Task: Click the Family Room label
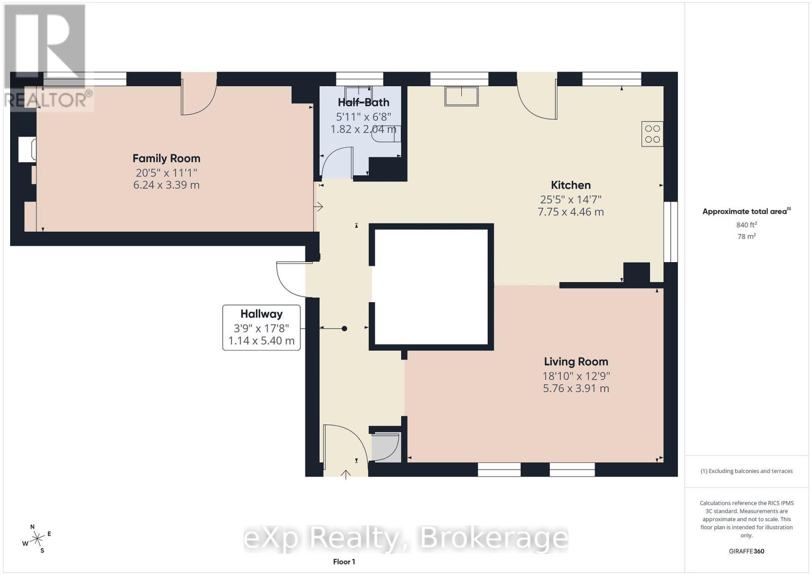click(x=166, y=158)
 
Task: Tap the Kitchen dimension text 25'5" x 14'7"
click(x=570, y=200)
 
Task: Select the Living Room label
click(x=576, y=362)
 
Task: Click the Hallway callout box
click(x=261, y=327)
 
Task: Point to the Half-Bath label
click(x=363, y=103)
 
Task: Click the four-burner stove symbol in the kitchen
click(x=652, y=134)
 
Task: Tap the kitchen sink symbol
click(x=461, y=96)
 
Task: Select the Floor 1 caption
click(x=344, y=561)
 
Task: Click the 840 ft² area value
click(x=746, y=225)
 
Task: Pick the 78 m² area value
click(x=746, y=236)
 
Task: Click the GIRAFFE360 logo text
click(x=746, y=551)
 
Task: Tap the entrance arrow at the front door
click(x=346, y=474)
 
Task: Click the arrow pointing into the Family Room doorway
click(x=319, y=206)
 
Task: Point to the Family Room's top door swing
click(x=199, y=100)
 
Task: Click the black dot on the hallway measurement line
click(x=344, y=329)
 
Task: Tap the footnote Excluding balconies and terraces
click(x=746, y=471)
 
